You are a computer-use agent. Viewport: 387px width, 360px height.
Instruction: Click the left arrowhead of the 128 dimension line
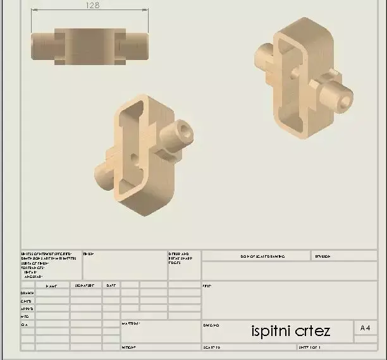pyautogui.click(x=34, y=11)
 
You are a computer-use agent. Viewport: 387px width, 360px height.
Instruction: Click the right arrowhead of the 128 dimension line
pyautogui.click(x=147, y=11)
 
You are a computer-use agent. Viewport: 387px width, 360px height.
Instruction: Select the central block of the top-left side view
pyautogui.click(x=89, y=45)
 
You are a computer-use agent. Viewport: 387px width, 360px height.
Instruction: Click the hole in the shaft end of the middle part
pyautogui.click(x=184, y=131)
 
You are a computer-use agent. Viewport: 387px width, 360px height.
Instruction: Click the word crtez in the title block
pyautogui.click(x=314, y=330)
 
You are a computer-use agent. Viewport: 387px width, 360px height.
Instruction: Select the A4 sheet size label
pyautogui.click(x=365, y=328)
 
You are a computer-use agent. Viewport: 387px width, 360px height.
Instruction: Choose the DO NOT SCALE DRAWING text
pyautogui.click(x=262, y=256)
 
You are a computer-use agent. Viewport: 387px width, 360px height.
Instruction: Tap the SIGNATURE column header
pyautogui.click(x=85, y=286)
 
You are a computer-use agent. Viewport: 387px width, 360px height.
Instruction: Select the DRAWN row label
pyautogui.click(x=27, y=293)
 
